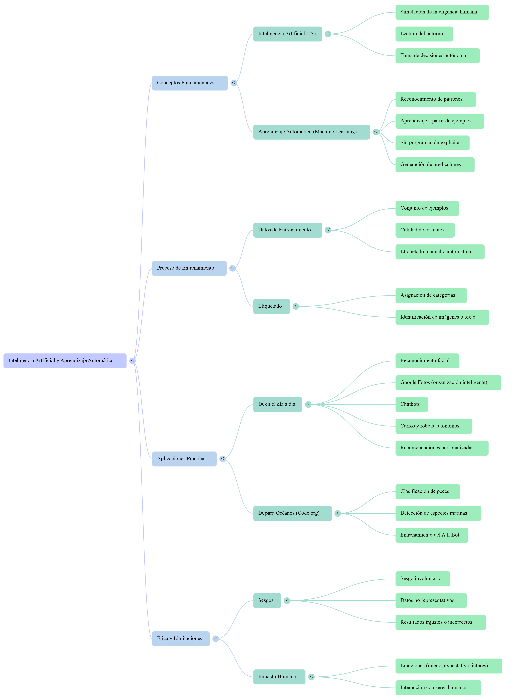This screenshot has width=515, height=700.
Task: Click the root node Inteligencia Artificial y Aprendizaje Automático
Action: (65, 361)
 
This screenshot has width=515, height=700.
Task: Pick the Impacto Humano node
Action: (279, 677)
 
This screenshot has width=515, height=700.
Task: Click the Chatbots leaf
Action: (411, 404)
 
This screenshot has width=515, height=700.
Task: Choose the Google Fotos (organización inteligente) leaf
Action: (448, 382)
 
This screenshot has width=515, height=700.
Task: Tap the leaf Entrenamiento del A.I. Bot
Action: (431, 535)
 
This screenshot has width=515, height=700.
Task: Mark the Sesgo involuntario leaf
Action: (422, 579)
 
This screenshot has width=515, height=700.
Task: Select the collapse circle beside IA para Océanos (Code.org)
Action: (338, 513)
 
